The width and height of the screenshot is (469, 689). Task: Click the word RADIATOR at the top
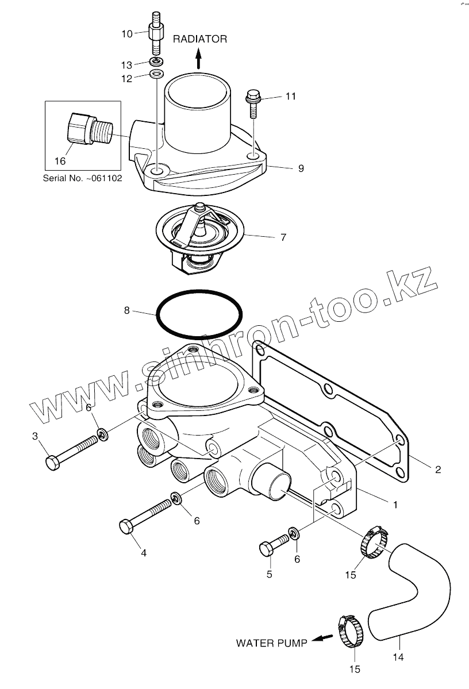200,39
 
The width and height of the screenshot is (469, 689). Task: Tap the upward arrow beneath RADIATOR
198,58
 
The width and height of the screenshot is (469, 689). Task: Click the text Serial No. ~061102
82,179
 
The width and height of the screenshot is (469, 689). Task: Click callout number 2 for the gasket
437,469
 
